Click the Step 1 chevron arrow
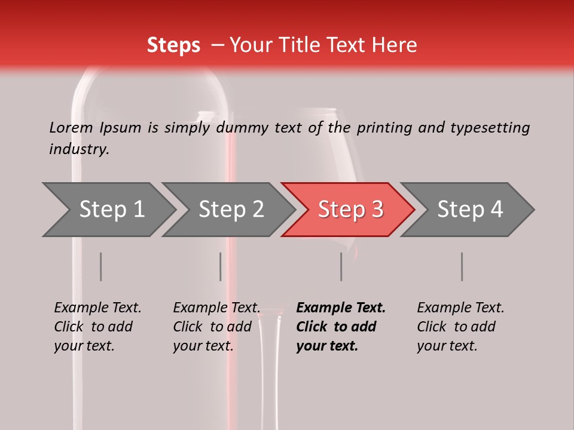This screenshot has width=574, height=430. point(111,210)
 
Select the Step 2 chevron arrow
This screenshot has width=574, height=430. point(231,210)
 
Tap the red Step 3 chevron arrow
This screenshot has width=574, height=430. point(350,210)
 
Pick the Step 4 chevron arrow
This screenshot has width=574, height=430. point(470,210)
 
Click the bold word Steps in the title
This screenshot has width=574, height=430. point(173,45)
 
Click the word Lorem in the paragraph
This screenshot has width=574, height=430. point(71,127)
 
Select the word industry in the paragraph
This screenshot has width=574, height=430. point(78,149)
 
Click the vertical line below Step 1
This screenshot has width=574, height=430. point(101,266)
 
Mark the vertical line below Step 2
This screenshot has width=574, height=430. point(221,266)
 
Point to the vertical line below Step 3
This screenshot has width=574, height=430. point(341,266)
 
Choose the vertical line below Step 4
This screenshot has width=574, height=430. point(462,266)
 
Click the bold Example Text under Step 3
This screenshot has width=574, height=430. point(341,308)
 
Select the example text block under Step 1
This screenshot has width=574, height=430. point(97,327)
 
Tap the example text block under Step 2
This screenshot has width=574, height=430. point(216,327)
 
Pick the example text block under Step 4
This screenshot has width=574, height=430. point(460,327)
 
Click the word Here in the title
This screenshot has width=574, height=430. point(394,45)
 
